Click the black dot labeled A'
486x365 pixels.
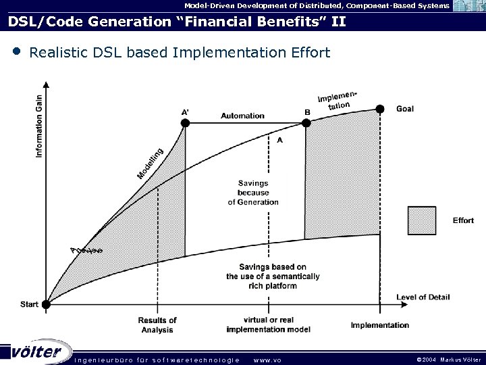pyautogui.click(x=185, y=123)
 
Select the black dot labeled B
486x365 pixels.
pyautogui.click(x=305, y=123)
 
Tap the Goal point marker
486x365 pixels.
pyautogui.click(x=380, y=109)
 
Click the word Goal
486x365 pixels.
pyautogui.click(x=406, y=109)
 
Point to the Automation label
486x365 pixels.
pyautogui.click(x=242, y=116)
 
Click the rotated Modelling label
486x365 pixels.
pyautogui.click(x=150, y=163)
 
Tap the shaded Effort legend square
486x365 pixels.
pyautogui.click(x=422, y=220)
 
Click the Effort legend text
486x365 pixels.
pyautogui.click(x=462, y=220)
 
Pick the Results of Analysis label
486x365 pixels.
pyautogui.click(x=157, y=324)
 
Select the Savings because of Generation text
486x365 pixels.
pyautogui.click(x=253, y=193)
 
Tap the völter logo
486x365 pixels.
pyautogui.click(x=40, y=352)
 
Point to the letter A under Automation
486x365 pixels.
pyautogui.click(x=279, y=140)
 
